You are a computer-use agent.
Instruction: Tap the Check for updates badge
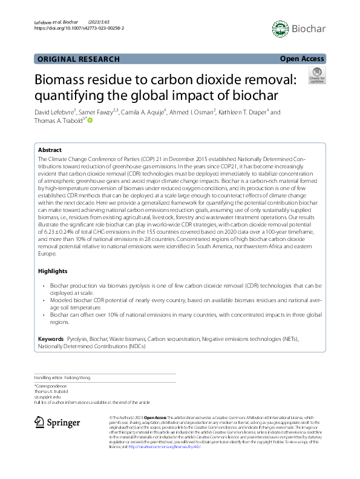(317, 75)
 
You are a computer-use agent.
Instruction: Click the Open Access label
(303, 59)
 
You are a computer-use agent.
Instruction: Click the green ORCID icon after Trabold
(90, 121)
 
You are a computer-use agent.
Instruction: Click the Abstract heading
(50, 150)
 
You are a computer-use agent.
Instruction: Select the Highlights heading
(53, 271)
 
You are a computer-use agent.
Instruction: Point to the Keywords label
(51, 338)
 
